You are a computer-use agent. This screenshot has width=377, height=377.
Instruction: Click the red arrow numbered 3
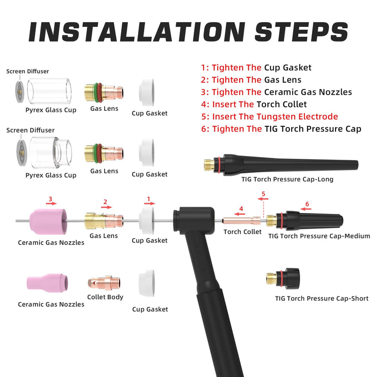[x=51, y=204]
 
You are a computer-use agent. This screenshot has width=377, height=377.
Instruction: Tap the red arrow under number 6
[x=306, y=209]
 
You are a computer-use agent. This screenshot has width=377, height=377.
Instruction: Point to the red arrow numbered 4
[x=239, y=214]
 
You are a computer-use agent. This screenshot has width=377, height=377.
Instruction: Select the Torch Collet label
[x=242, y=232]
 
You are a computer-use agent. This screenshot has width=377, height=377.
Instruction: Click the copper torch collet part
[x=241, y=221]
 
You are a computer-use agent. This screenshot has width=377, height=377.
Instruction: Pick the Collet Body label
[x=105, y=297]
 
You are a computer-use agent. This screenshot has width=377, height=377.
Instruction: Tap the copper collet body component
[x=104, y=283]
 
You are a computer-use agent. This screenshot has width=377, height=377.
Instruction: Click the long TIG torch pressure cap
[x=281, y=164]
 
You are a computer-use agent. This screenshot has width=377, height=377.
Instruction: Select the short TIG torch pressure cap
[x=283, y=279]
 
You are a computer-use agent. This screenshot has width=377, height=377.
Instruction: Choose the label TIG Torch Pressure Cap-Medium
[x=319, y=236]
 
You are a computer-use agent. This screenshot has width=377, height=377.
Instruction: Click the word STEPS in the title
[x=302, y=32]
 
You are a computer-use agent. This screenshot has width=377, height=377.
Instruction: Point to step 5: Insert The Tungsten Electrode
[x=270, y=116]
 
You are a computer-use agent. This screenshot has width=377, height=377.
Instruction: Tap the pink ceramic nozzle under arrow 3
[x=49, y=221]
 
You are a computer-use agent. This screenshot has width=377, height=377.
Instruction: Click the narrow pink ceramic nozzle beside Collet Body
[x=48, y=283]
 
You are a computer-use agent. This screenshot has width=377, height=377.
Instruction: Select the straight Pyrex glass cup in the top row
[x=49, y=91]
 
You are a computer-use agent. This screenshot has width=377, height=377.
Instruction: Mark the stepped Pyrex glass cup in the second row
[x=51, y=153]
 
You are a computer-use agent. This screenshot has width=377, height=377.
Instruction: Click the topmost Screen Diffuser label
[x=28, y=72]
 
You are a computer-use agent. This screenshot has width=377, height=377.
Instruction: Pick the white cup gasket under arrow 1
[x=147, y=221]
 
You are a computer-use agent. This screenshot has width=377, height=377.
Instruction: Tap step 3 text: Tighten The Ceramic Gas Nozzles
[x=277, y=92]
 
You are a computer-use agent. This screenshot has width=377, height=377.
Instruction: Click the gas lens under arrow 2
[x=104, y=221]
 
